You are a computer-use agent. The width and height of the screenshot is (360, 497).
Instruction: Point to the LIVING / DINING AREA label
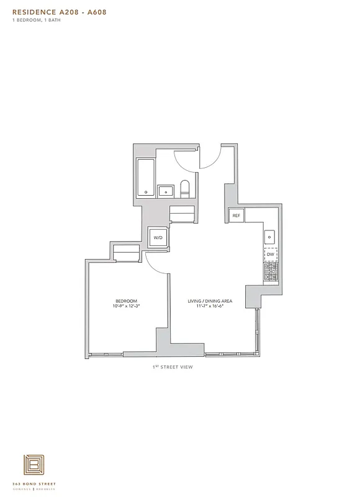point(210,301)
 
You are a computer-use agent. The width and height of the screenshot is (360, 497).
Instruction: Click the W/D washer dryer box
point(157,237)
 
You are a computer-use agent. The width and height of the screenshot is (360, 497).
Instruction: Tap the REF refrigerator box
point(236,216)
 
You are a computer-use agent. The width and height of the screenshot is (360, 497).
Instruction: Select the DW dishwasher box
point(271,254)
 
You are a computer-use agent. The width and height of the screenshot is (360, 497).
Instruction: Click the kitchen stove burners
point(271,270)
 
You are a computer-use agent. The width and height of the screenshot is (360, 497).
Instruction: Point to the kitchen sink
point(271,237)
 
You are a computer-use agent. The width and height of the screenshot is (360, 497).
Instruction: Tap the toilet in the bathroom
point(184,188)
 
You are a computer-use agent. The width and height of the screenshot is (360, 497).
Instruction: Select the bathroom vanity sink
point(166,191)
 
